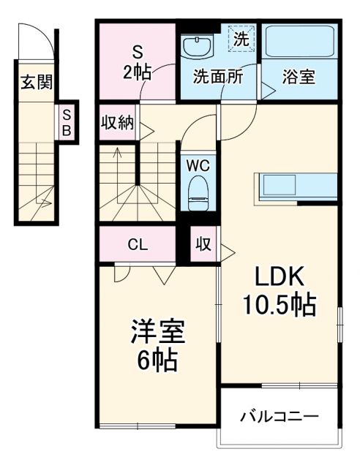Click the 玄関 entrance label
(35, 82)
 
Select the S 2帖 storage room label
(136, 61)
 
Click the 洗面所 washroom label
(217, 75)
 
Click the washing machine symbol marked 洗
(241, 36)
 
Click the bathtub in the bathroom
(299, 43)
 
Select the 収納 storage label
(117, 122)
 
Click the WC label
(198, 165)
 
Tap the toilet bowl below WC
(198, 192)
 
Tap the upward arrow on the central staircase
(117, 154)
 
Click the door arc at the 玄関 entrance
(43, 44)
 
